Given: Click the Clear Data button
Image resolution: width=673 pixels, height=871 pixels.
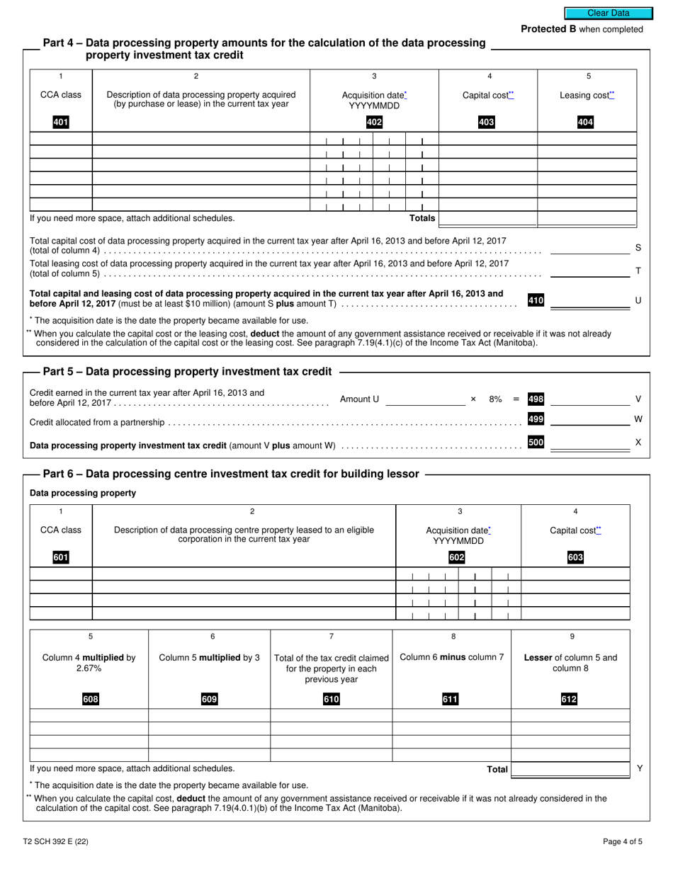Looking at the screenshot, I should click(608, 13).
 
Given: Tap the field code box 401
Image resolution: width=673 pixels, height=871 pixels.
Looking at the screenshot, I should click(61, 123).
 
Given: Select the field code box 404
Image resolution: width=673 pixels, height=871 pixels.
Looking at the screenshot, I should click(585, 123).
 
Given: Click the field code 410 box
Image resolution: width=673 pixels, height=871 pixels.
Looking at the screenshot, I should click(536, 300).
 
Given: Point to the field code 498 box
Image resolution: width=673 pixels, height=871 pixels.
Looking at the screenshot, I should click(536, 399).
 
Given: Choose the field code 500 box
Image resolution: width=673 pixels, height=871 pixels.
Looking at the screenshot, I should click(536, 443).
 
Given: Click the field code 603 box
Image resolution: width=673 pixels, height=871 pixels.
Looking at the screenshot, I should click(575, 558).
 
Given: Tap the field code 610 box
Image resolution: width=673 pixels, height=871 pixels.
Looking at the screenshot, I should click(331, 700).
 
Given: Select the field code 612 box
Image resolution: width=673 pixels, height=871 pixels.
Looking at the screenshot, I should click(570, 700).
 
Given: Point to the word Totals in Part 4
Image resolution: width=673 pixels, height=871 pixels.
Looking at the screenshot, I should click(422, 218).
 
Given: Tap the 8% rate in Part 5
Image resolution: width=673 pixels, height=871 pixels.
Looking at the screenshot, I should click(495, 399).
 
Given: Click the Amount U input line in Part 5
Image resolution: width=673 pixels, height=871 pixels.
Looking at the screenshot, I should click(425, 399).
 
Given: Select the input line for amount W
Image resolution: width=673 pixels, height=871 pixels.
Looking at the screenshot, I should click(589, 420).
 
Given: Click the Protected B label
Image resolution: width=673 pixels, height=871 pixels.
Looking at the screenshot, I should click(582, 29).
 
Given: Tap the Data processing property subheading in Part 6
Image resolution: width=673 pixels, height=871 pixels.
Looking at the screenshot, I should click(83, 493).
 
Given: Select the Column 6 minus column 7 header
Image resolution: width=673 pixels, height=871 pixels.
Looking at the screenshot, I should click(452, 657).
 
